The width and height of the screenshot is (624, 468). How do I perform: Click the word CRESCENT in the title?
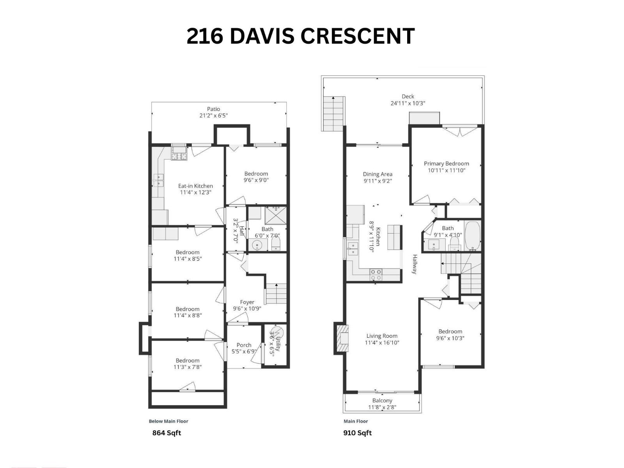(x=357, y=36)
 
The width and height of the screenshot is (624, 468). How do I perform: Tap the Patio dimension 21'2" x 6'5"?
(x=213, y=116)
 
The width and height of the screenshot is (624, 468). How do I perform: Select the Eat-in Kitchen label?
(x=195, y=186)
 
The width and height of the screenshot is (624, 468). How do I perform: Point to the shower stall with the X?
(x=276, y=215)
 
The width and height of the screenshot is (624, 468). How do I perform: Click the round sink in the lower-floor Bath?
(x=257, y=245)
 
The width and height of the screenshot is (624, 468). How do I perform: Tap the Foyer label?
(x=247, y=302)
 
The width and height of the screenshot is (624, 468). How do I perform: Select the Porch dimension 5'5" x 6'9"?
(x=244, y=351)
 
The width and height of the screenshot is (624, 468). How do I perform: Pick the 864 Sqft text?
(x=167, y=433)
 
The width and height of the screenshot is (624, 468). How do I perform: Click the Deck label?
(x=408, y=96)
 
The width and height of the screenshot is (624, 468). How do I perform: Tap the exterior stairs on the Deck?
(x=334, y=113)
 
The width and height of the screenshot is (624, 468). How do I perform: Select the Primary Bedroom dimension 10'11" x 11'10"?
(x=447, y=170)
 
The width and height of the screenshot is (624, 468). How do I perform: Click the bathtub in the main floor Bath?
(x=472, y=236)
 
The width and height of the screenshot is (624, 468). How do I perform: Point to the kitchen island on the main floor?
(x=394, y=237)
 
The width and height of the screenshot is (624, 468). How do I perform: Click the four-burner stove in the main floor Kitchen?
(x=376, y=275)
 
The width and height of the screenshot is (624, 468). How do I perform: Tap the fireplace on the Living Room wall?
(x=343, y=338)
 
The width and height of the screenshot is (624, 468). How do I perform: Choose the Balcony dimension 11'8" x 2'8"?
(x=382, y=408)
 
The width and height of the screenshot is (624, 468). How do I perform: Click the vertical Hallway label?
(x=415, y=264)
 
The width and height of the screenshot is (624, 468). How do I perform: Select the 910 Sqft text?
(x=357, y=433)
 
